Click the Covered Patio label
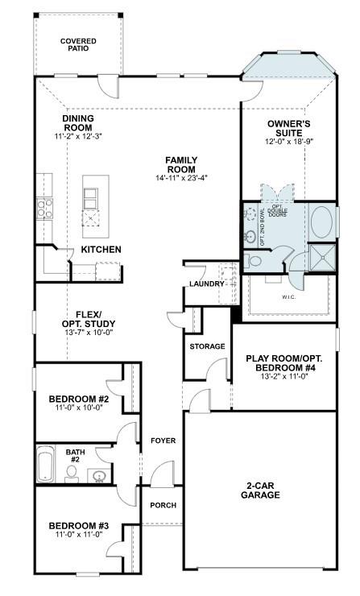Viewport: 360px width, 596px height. coord(78,44)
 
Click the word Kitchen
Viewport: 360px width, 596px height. coord(101,250)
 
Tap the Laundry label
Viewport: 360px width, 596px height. coord(207,284)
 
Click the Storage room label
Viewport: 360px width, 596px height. coord(207,346)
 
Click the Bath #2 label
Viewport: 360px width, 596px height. coord(75,457)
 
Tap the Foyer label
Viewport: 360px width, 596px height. coord(163,441)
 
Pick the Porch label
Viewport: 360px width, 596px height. coord(163,505)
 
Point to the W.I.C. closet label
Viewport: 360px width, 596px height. coord(288,297)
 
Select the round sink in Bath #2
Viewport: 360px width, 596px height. coord(99,477)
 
